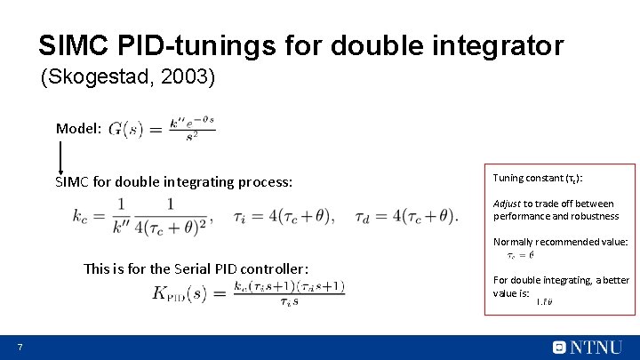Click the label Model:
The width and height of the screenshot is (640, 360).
[x=78, y=128]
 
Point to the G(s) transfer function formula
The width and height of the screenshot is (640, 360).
[x=162, y=130]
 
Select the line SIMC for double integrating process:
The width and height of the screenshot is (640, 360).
[x=173, y=181]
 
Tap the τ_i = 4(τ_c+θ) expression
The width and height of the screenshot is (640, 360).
[x=285, y=215]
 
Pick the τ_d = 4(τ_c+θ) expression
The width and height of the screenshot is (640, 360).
[x=405, y=215]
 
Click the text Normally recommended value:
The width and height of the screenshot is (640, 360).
[x=560, y=242]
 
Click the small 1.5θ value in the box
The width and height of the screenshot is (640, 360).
[x=544, y=302]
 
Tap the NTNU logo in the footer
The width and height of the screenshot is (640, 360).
[x=587, y=347]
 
